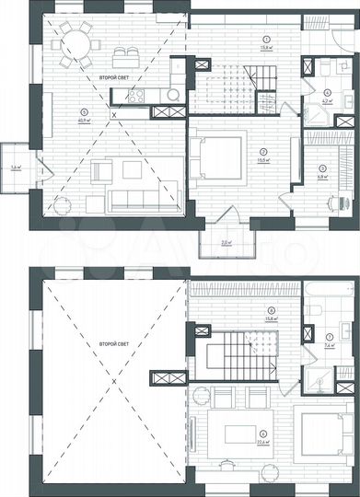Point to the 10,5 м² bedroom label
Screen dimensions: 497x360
click(x=263, y=157)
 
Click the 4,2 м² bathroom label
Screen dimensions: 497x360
click(x=329, y=101)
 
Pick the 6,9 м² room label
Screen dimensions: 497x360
click(x=323, y=175)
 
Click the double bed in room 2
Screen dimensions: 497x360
click(x=218, y=157)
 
